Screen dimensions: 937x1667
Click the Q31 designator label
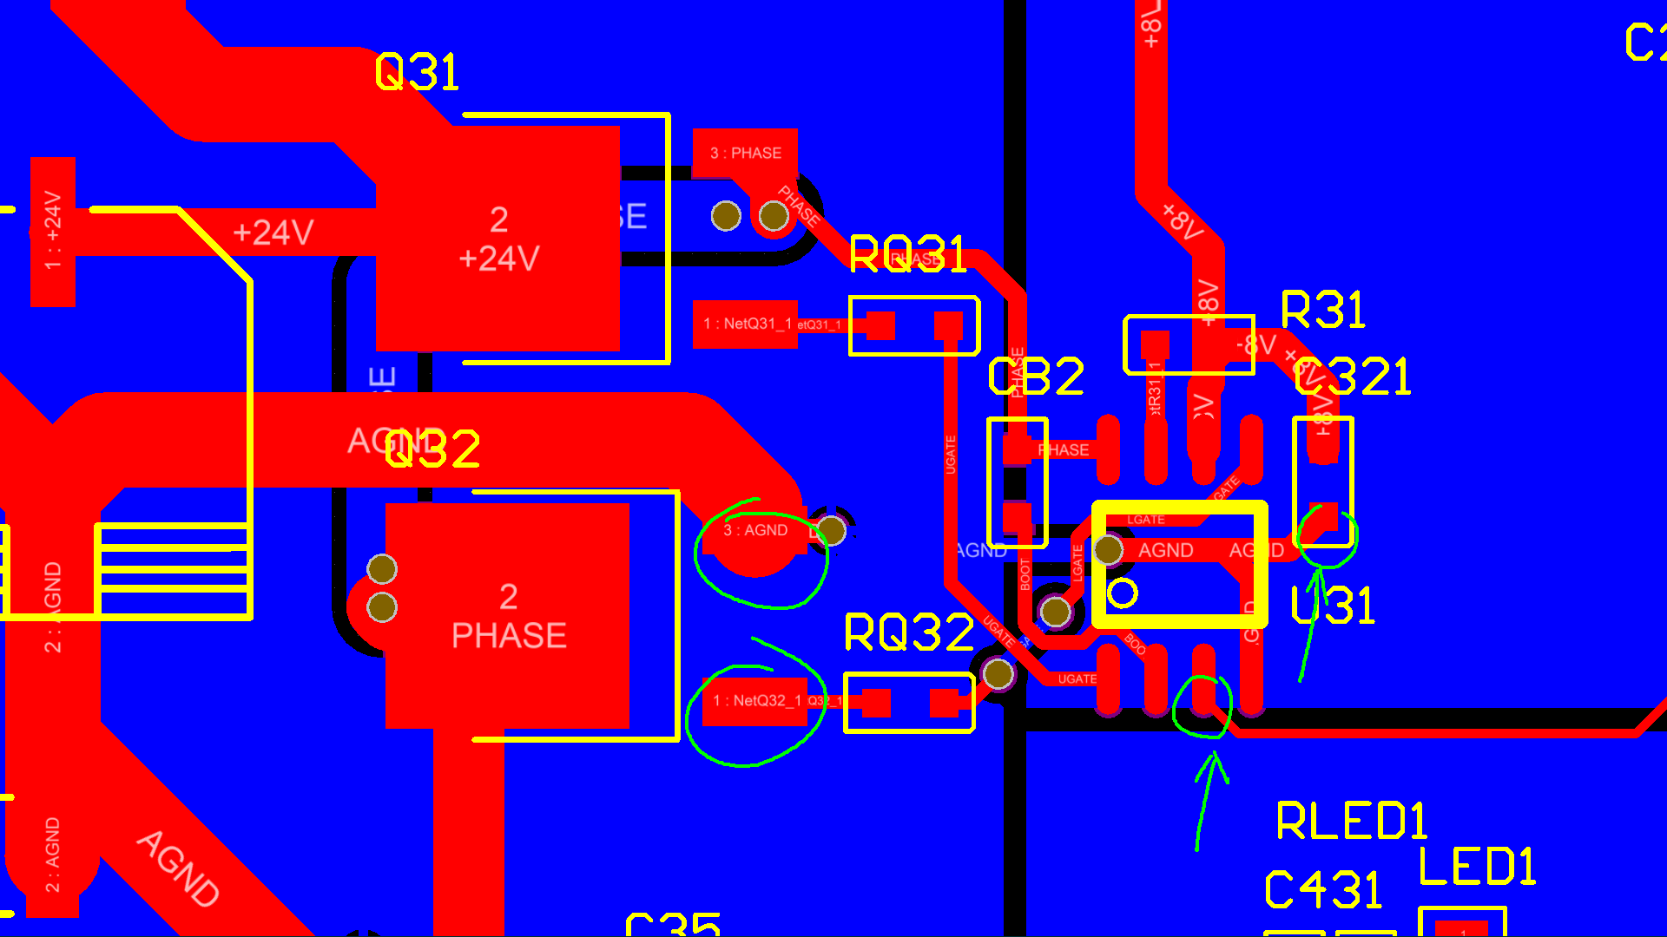click(x=417, y=72)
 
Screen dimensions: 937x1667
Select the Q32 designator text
click(x=432, y=449)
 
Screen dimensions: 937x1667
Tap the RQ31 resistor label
click(x=907, y=255)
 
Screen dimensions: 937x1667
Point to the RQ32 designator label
click(x=908, y=632)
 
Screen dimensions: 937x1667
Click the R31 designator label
click(x=1323, y=310)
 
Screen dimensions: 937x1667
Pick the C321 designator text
click(x=1352, y=377)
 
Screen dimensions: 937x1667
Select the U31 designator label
click(x=1333, y=606)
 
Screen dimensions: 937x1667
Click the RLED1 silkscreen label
click(x=1351, y=822)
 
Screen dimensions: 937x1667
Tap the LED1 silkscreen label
click(x=1477, y=867)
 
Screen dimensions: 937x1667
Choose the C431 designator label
click(x=1322, y=890)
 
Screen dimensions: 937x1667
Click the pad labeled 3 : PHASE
click(x=745, y=154)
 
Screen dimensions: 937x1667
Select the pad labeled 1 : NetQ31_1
click(x=745, y=324)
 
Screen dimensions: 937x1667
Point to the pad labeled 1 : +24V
click(x=53, y=231)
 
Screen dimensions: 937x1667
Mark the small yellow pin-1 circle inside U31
click(x=1123, y=593)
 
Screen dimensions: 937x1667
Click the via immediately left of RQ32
click(x=998, y=673)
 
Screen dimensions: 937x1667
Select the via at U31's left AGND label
click(x=1108, y=549)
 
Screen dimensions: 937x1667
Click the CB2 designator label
click(x=1036, y=377)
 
